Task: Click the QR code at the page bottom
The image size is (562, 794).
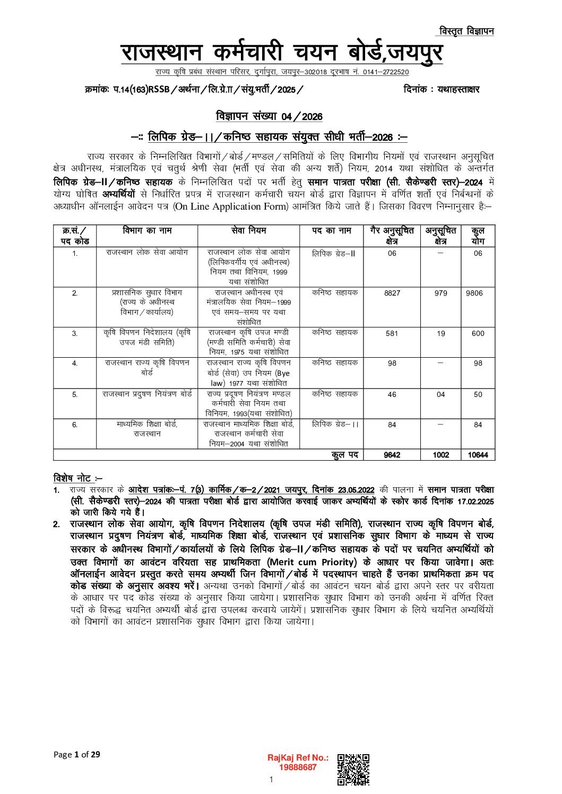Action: point(353,769)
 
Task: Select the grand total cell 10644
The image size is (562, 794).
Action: point(478,455)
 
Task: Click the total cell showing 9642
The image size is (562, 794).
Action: point(392,455)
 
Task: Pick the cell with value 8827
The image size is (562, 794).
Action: point(392,293)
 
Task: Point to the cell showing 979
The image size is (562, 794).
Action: point(440,293)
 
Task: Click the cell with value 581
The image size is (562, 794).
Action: point(392,333)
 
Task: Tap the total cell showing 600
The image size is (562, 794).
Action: point(478,333)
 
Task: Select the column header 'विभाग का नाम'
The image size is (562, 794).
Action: point(147,231)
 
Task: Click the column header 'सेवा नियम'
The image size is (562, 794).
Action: point(249,231)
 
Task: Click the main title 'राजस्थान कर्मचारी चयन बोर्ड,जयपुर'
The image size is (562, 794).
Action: point(281,53)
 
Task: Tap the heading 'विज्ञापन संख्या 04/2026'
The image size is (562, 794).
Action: point(269,117)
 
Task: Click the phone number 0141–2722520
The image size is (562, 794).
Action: point(386,72)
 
